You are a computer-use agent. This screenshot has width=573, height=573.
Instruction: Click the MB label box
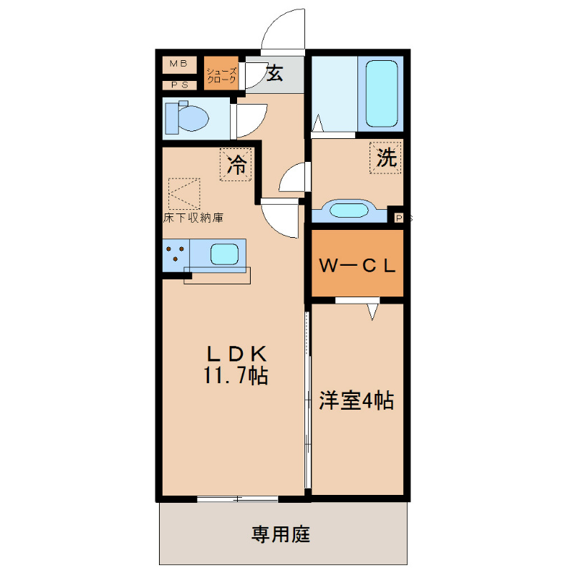178,64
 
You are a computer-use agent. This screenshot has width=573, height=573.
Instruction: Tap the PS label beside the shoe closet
178,85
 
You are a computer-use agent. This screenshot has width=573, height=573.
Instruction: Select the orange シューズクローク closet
221,75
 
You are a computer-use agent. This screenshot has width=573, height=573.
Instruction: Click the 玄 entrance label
274,72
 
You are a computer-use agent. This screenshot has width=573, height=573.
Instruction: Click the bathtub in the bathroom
381,93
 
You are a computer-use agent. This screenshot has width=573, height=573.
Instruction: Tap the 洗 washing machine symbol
387,158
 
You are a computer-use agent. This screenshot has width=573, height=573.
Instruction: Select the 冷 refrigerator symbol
236,166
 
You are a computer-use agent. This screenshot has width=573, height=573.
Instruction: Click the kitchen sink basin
224,254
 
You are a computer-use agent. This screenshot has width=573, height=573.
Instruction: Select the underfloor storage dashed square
185,193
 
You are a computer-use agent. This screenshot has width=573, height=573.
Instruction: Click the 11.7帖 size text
236,376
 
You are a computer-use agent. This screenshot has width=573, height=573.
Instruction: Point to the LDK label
236,353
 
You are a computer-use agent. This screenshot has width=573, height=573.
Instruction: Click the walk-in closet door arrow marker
372,312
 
